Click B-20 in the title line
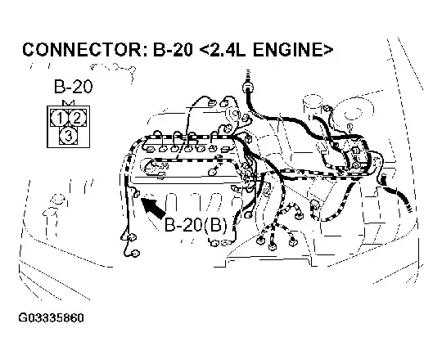[x=173, y=50]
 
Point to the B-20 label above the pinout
[x=73, y=87]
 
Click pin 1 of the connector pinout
[x=60, y=118]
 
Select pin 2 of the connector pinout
[x=77, y=118]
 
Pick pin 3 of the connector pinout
[x=68, y=136]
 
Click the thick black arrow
[x=153, y=208]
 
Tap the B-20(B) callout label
[x=196, y=225]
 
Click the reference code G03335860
[x=51, y=318]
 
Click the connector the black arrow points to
[x=137, y=194]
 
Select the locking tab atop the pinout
[x=69, y=103]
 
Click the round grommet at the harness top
[x=248, y=87]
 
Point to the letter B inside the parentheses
[x=214, y=225]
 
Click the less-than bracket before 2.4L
[x=204, y=50]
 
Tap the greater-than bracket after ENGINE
[x=327, y=50]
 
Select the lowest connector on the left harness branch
[x=136, y=254]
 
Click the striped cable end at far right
[x=409, y=208]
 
